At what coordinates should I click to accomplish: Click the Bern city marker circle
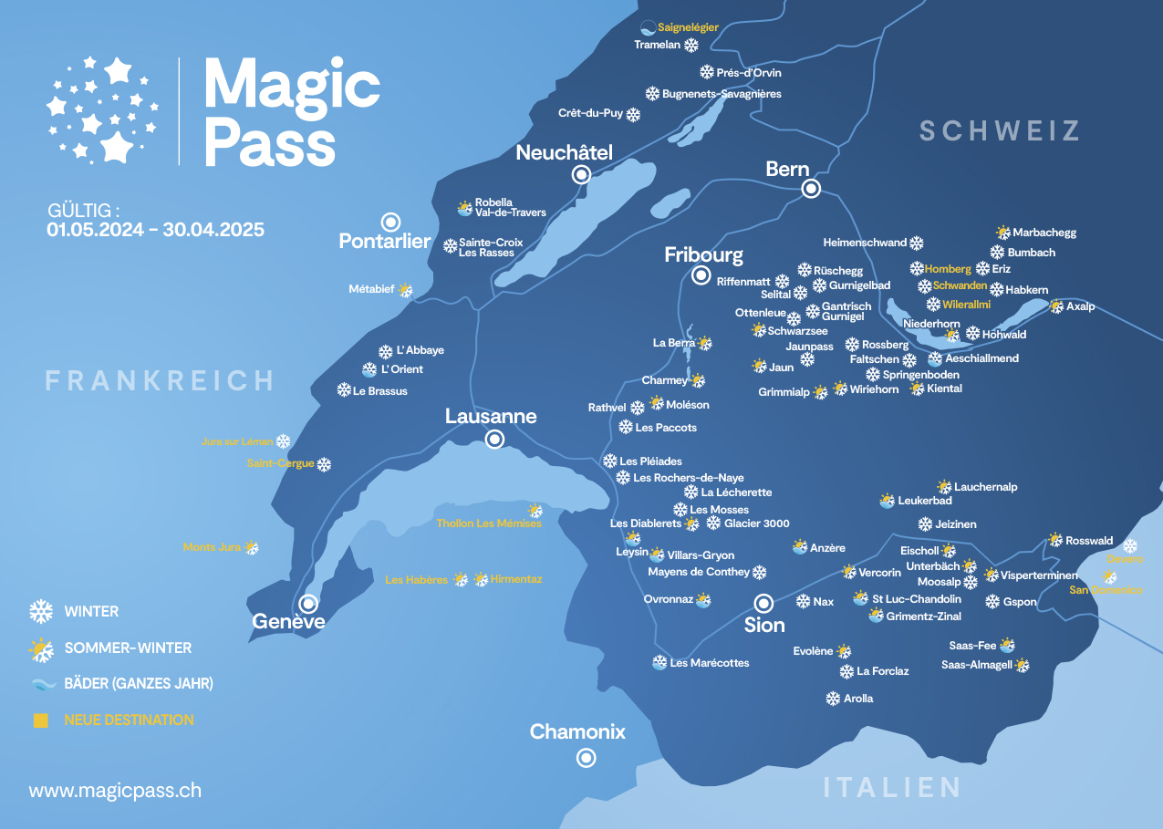coord(810,189)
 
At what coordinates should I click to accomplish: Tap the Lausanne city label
coord(491,417)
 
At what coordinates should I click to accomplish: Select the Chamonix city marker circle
coord(586,757)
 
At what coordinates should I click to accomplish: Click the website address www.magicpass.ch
coord(115,790)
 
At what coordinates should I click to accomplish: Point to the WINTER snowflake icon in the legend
coord(41,611)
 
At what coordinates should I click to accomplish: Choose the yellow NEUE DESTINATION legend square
coord(40,720)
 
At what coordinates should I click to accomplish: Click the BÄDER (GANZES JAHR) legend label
coord(139,683)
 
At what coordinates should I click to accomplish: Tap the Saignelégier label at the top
coord(688,27)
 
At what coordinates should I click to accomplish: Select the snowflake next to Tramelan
coord(691,45)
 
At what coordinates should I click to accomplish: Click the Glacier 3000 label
coord(756,523)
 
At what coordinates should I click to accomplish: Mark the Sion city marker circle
coord(763,603)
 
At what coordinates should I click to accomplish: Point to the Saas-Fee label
coord(973,646)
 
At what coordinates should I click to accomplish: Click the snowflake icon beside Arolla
coord(833,699)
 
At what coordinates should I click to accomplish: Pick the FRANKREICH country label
coord(160,380)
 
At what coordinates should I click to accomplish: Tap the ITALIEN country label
coord(892,787)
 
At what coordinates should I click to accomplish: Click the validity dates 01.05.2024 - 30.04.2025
coord(156,230)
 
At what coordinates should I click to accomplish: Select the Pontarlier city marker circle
coord(391,222)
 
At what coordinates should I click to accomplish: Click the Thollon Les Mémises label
coord(489,523)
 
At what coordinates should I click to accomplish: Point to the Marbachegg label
coord(1044,233)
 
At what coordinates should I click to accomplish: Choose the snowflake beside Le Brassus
coord(344,390)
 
